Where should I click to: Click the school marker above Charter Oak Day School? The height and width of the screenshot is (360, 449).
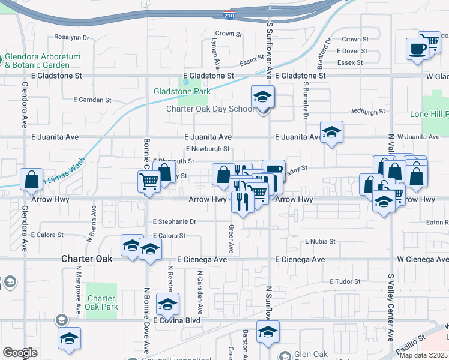262,97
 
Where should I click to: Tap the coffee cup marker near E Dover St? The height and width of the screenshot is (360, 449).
417,49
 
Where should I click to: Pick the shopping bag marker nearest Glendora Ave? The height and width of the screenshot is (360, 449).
31,179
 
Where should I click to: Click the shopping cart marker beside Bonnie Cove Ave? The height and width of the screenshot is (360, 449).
149,182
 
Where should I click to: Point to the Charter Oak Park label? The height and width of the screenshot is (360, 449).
101,302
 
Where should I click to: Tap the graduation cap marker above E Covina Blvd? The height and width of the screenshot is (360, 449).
168,304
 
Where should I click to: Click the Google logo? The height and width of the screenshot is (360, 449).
19,353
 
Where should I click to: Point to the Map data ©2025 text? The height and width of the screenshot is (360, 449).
424,355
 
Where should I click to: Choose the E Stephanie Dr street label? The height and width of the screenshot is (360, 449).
175,221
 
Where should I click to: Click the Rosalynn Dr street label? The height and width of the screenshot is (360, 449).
71,37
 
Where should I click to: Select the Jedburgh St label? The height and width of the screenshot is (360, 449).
368,112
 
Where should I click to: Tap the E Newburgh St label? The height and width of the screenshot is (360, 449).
208,149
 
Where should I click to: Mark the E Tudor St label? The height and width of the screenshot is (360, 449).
345,281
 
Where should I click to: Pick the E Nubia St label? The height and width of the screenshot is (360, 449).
319,241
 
